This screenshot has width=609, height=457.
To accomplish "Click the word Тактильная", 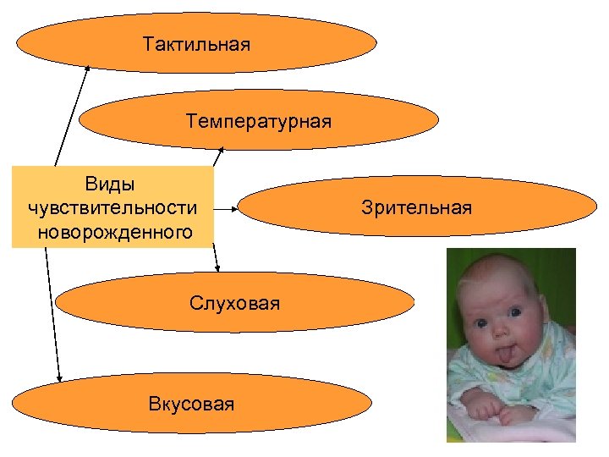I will (x=197, y=43).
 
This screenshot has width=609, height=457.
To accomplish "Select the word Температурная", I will (x=259, y=122).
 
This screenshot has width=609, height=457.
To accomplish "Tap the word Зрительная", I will (x=416, y=207).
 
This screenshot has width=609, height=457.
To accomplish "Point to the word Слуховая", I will (x=234, y=303).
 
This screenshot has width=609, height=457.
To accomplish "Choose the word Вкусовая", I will (x=191, y=404).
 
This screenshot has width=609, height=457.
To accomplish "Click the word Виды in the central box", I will (x=110, y=183).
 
